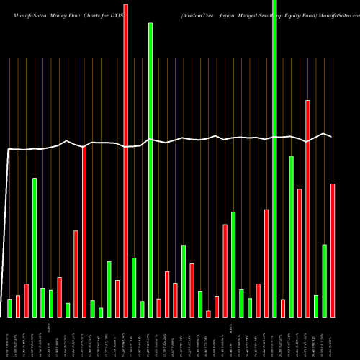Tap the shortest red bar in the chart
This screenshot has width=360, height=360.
[208, 313]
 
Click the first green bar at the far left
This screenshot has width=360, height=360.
[9, 307]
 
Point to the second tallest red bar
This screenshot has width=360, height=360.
[307, 208]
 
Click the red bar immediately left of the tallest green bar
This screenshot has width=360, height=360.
[266, 263]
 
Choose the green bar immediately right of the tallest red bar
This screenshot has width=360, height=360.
[134, 287]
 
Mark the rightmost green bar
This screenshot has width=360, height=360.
[325, 280]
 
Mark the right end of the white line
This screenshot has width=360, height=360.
[332, 136]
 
